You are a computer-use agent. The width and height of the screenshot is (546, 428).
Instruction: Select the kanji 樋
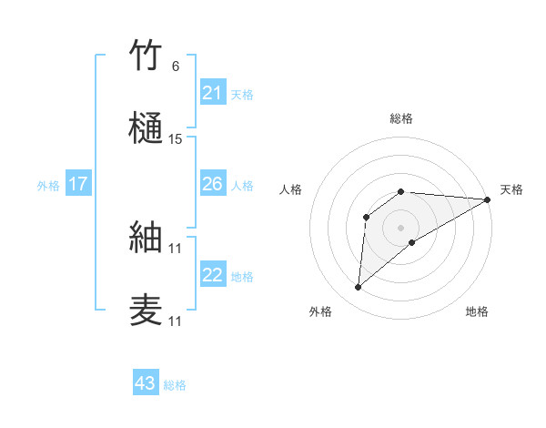point(147,128)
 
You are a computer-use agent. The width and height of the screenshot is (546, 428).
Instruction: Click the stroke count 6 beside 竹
point(175,66)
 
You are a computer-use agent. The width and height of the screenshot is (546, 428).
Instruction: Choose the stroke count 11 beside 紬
point(176,248)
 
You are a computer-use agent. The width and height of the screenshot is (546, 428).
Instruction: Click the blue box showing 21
point(212,93)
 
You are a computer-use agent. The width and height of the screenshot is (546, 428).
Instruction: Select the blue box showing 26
point(212,184)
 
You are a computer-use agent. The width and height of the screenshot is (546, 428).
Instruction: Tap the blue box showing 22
point(212,275)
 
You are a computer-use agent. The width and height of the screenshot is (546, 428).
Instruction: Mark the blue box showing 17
point(77,184)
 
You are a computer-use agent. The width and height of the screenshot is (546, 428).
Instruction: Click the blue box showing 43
point(145,383)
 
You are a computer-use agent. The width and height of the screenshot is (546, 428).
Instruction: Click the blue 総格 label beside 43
point(175,385)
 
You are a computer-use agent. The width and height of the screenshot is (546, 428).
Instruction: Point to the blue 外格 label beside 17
point(48,186)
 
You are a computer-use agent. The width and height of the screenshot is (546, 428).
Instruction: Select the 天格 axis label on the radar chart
point(511,189)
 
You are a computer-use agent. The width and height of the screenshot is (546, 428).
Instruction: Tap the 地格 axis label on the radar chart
point(477,311)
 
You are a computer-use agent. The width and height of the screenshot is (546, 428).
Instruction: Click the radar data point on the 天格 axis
point(488,199)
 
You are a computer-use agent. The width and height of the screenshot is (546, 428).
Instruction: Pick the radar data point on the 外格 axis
point(359,288)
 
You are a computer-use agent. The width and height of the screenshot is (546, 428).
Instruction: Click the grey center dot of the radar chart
point(401,227)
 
